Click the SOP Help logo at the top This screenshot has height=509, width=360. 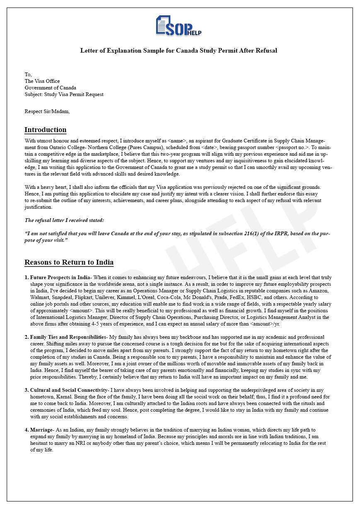pyautogui.click(x=179, y=26)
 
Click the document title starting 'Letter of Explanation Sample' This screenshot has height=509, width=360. pyautogui.click(x=179, y=51)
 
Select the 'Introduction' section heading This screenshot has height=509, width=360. pyautogui.click(x=45, y=130)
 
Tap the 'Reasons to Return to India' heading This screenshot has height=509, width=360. pyautogui.click(x=69, y=262)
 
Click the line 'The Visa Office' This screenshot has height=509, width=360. pyautogui.click(x=42, y=81)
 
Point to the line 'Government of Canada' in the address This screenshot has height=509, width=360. pyautogui.click(x=50, y=88)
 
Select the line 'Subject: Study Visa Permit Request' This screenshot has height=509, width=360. pyautogui.click(x=64, y=94)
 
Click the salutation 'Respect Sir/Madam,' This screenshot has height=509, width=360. pyautogui.click(x=47, y=111)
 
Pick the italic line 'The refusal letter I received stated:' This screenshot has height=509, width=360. pyautogui.click(x=64, y=220)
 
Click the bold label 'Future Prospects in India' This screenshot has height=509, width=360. pyautogui.click(x=60, y=277)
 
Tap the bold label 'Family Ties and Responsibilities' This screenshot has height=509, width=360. pyautogui.click(x=68, y=337)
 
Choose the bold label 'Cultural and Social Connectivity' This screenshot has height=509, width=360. pyautogui.click(x=68, y=390)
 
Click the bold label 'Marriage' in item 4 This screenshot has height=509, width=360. pyautogui.click(x=41, y=430)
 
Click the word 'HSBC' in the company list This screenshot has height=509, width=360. pyautogui.click(x=247, y=297)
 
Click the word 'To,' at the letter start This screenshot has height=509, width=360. pyautogui.click(x=28, y=75)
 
